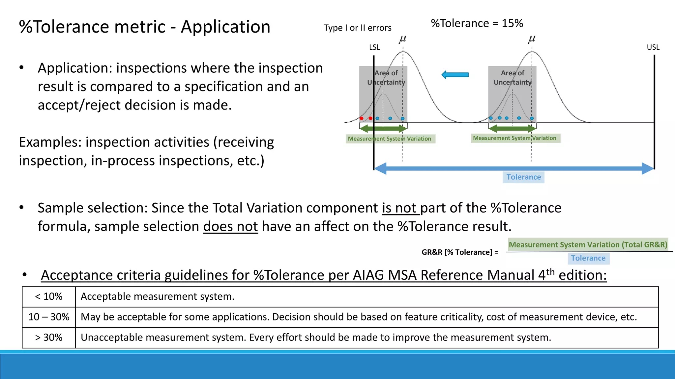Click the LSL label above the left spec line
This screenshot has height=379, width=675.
pos(374,47)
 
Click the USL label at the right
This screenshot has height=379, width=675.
pos(653,47)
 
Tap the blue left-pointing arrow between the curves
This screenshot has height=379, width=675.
pos(455,75)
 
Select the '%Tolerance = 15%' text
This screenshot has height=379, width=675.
pos(477,23)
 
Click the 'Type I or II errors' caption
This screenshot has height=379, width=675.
pos(357,28)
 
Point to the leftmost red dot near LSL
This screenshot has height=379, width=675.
pos(362,118)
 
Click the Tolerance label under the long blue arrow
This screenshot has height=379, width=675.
pos(523,177)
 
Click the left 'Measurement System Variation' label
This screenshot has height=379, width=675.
pos(390,139)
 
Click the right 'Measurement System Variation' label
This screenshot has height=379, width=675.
pos(514,138)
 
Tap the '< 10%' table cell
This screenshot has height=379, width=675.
pos(49,297)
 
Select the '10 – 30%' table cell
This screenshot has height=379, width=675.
pos(49,317)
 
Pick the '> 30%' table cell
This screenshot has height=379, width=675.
pos(49,338)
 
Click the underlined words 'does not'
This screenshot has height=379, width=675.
pos(230,227)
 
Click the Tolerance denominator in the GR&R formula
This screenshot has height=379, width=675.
pos(588,258)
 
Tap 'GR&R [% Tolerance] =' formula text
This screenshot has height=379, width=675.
pos(460,252)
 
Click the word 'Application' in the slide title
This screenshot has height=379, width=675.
pos(225,27)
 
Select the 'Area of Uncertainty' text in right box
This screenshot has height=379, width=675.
pos(513,78)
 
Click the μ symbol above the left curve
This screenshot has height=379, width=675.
pos(402,39)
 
